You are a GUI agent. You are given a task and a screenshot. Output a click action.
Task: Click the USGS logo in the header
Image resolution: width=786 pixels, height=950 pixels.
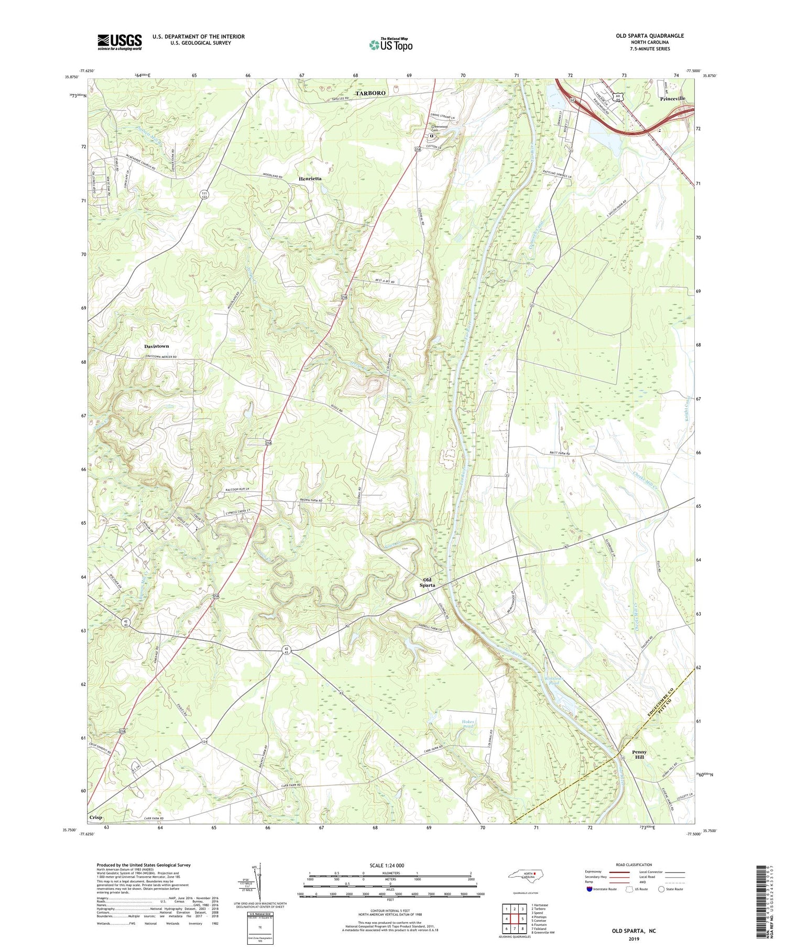pos(119,42)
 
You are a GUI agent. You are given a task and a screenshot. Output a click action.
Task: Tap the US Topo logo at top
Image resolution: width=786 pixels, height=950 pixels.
pos(391,45)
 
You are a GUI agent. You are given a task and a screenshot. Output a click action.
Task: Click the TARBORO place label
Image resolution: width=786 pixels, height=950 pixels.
pos(370,93)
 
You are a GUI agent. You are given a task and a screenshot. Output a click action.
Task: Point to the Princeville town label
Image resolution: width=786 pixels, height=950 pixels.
pos(673,99)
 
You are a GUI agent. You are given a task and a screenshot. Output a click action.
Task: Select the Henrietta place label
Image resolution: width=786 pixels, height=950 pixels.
pos(310,179)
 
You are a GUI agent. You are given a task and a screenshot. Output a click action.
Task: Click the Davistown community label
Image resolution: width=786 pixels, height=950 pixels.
pos(157,346)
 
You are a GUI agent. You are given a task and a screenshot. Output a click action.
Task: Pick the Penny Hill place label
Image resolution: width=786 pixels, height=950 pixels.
pos(639,755)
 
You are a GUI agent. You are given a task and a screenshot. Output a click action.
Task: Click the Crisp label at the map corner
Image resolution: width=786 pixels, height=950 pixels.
pos(96,817)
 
